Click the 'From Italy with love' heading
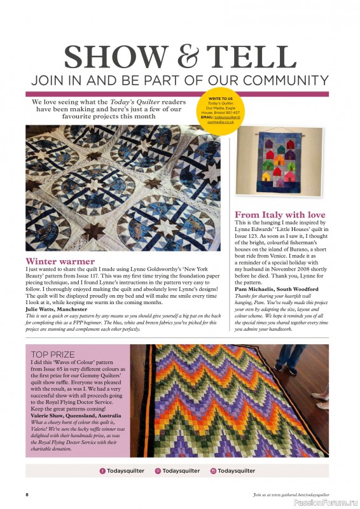280,215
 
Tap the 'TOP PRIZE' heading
53,354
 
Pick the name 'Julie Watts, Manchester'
55,309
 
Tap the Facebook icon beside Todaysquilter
102,471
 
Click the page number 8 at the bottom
27,494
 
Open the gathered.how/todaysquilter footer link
290,494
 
